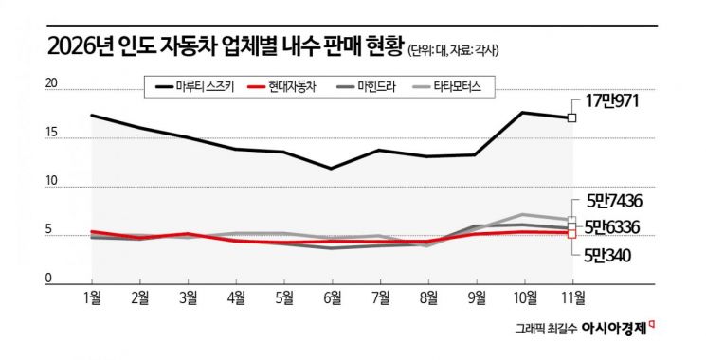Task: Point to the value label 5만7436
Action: click(x=619, y=202)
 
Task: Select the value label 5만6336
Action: click(x=619, y=227)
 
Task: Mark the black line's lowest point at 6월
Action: click(x=331, y=169)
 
